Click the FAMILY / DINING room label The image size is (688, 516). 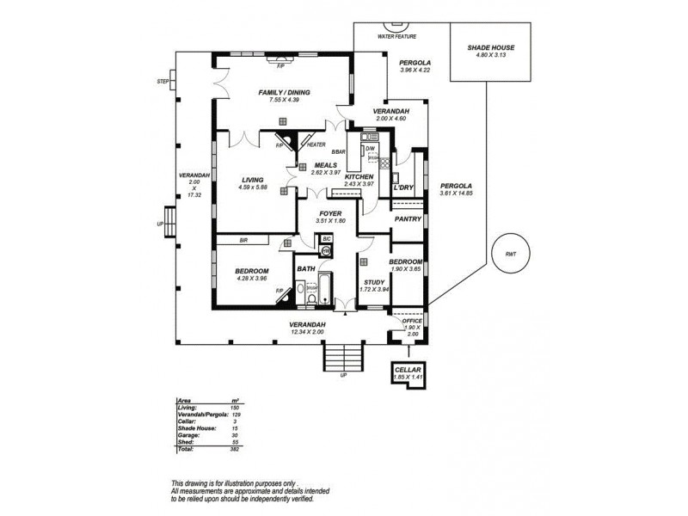coord(284,93)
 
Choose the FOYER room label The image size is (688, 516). coord(331,213)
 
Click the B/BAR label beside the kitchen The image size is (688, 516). coord(341,152)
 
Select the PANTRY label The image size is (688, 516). coord(407,218)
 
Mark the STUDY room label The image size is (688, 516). coord(374,282)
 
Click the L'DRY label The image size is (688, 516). coord(403,187)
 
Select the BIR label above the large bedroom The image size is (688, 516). coord(243,241)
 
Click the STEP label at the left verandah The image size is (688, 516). coord(163,82)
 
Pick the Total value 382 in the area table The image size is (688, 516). coord(235,449)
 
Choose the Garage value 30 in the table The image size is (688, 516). coord(234,434)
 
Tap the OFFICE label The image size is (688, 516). coord(413,321)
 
